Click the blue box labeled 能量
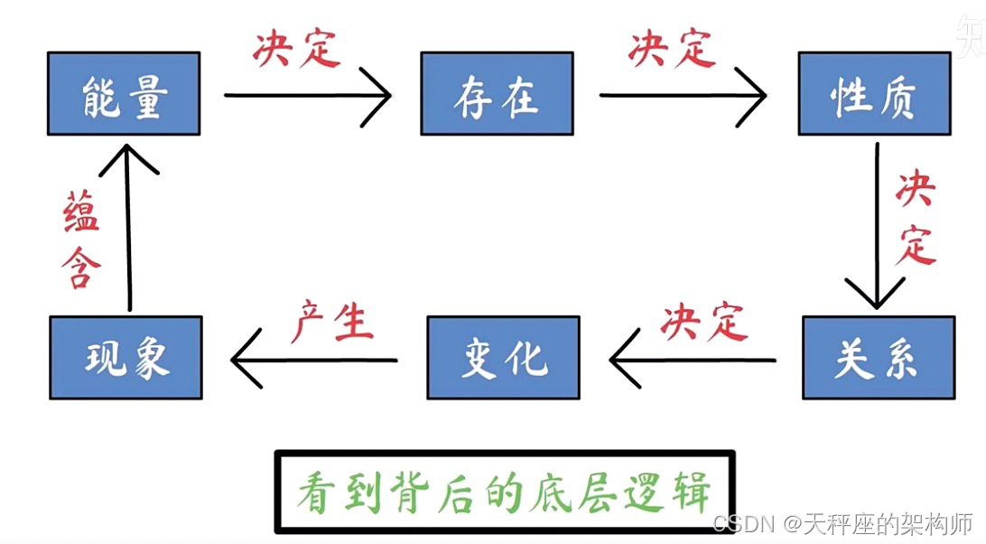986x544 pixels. coord(124,93)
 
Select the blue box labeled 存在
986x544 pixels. coord(497,93)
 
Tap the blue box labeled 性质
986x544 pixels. coord(873,93)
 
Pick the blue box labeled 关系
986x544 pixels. coord(878,357)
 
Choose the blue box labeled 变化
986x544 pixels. coord(503,357)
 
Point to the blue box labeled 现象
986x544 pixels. coord(126,357)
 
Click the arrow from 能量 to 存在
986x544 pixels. coord(307,94)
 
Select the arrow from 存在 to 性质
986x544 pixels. coord(683,94)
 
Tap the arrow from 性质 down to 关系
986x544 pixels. coord(876,226)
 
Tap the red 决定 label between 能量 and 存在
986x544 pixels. coord(295,48)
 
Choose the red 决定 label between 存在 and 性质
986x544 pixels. coord(671,48)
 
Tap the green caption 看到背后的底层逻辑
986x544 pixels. coord(505,492)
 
